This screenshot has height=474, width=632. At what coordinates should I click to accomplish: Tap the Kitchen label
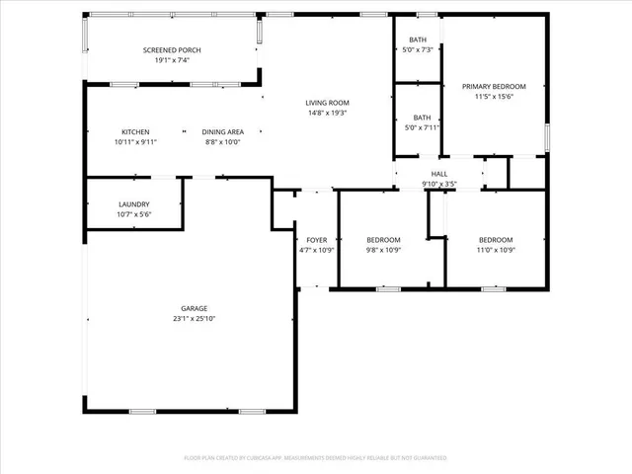(135, 131)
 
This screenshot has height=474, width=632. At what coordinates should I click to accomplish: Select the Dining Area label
(222, 131)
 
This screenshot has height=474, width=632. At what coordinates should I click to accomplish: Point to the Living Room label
(327, 103)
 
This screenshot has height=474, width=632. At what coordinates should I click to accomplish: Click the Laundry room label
(133, 204)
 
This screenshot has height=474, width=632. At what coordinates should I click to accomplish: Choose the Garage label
(194, 308)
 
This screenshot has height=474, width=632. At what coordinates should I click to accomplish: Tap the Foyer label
(316, 240)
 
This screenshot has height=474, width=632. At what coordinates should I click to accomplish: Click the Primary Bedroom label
(494, 87)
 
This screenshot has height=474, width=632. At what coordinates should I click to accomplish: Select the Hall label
(439, 175)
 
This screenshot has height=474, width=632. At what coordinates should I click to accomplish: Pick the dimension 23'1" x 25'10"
(194, 318)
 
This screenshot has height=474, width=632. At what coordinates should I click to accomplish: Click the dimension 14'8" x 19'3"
(327, 113)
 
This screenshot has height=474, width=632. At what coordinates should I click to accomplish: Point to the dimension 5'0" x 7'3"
(419, 49)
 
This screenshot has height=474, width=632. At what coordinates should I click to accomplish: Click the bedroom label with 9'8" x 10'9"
(383, 240)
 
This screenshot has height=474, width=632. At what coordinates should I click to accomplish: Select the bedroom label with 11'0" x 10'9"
(496, 240)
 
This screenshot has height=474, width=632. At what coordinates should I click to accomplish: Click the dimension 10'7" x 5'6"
(133, 214)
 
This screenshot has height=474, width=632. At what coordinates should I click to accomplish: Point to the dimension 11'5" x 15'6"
(494, 97)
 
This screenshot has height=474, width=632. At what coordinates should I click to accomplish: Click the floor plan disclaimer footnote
(315, 458)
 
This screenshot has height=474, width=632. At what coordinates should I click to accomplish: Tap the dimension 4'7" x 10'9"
(316, 250)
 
